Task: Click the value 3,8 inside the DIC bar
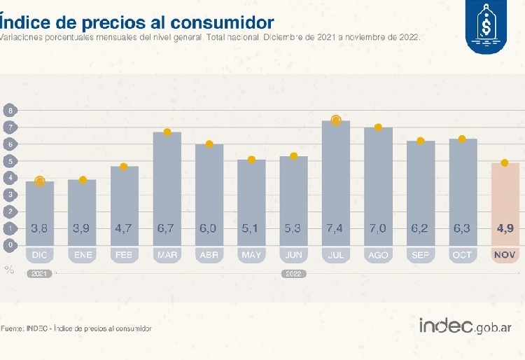click(x=40, y=228)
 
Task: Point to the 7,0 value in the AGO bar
click(x=378, y=228)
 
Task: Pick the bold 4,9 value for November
click(x=505, y=228)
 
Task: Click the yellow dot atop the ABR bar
click(x=209, y=144)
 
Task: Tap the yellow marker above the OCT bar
click(x=462, y=139)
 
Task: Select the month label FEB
click(x=125, y=255)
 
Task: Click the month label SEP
click(x=421, y=255)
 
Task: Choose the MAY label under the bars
click(x=251, y=255)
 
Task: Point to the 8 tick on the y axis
click(x=10, y=111)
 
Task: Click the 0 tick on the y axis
click(x=10, y=245)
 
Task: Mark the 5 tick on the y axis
click(x=10, y=161)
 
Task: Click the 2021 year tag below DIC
click(x=39, y=273)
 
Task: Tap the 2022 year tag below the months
click(x=293, y=273)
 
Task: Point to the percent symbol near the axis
click(x=9, y=269)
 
